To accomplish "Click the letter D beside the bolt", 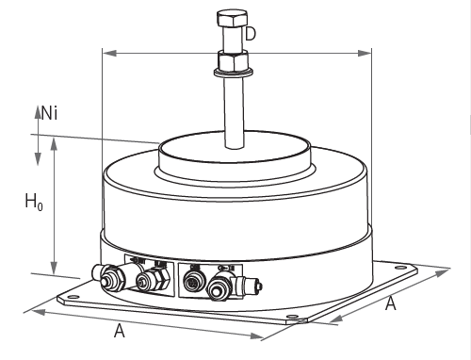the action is pos(251,34).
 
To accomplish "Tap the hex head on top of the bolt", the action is pos(232,19).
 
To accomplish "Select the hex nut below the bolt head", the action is pos(234,60).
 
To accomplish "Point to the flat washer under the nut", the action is pos(234,73).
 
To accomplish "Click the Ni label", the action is pos(50,113).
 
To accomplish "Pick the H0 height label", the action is pos(34,202).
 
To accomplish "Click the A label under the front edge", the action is pos(120,331).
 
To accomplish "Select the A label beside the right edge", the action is pos(391,303).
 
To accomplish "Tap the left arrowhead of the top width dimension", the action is pos(109,53).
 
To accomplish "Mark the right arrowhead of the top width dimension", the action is pos(365,53).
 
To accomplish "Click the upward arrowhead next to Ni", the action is pos(38,112).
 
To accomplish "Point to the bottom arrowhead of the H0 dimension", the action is pos(55,267).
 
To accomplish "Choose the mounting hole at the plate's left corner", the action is pos(73,297).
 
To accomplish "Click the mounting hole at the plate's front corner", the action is pos(292,316).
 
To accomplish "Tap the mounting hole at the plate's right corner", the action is pos(400,268).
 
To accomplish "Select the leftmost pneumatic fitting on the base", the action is pos(110,277).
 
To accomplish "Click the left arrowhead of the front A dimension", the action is pos(38,312).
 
